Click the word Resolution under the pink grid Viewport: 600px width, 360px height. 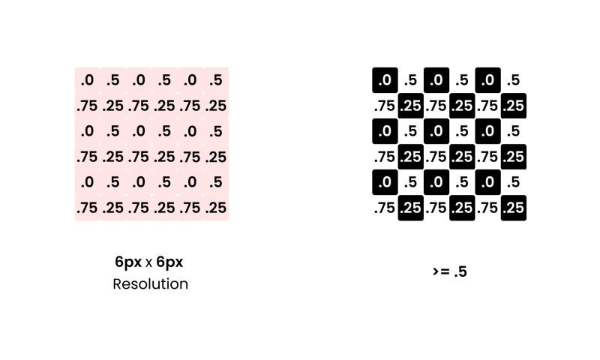151,284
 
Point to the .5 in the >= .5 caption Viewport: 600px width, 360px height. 460,271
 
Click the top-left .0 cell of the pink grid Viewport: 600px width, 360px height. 87,80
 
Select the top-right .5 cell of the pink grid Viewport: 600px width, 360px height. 216,80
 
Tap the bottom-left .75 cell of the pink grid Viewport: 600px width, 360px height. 87,208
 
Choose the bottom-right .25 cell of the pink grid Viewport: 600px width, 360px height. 216,208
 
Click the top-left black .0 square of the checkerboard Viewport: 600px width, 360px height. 385,80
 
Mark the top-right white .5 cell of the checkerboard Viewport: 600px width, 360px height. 514,80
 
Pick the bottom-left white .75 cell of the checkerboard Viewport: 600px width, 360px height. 385,208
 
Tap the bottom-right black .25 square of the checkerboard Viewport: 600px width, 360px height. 514,208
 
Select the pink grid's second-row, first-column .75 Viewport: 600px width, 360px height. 87,106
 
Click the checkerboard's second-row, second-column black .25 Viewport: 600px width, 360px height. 410,106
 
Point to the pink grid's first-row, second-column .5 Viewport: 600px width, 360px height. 113,80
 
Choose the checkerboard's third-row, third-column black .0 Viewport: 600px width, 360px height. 436,131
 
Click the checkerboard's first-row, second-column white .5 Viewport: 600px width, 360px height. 410,80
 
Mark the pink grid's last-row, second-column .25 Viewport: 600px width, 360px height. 113,208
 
